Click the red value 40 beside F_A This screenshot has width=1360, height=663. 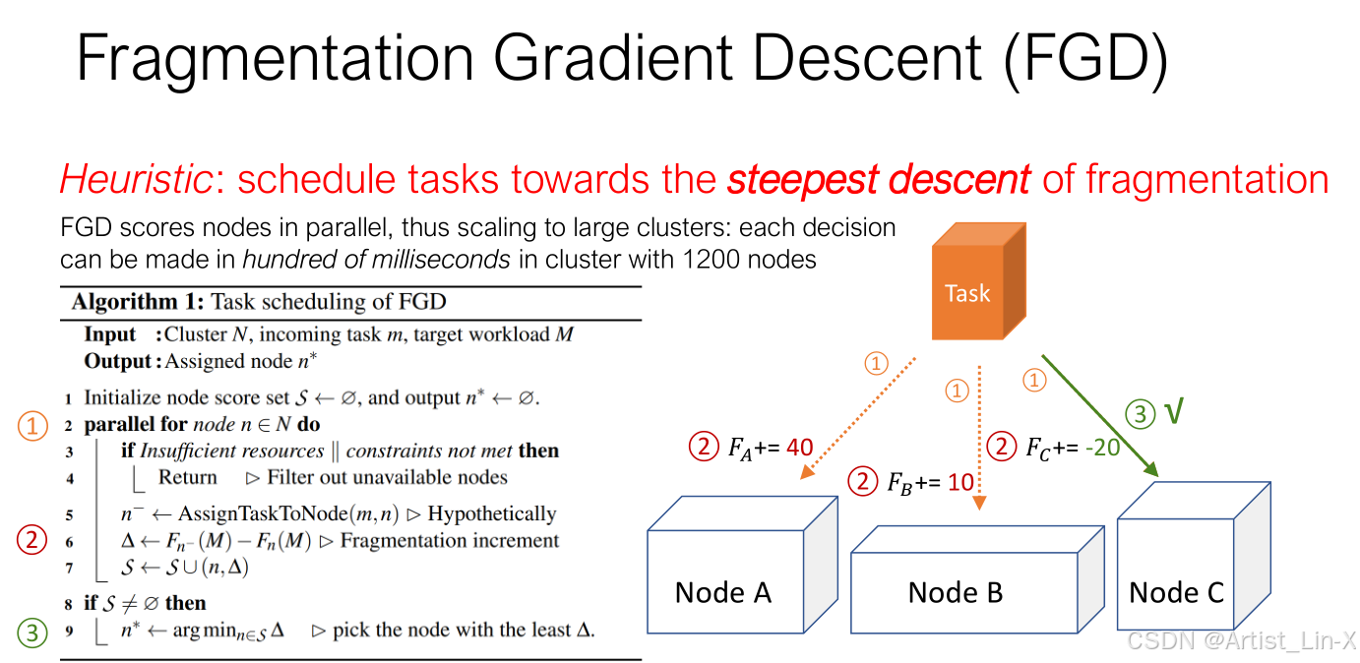800,449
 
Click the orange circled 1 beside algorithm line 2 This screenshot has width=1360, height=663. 33,426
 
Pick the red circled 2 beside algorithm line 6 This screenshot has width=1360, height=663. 33,539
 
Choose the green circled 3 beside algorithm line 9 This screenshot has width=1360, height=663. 33,632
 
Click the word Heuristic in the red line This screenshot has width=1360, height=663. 137,180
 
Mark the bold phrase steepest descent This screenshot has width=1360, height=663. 878,180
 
